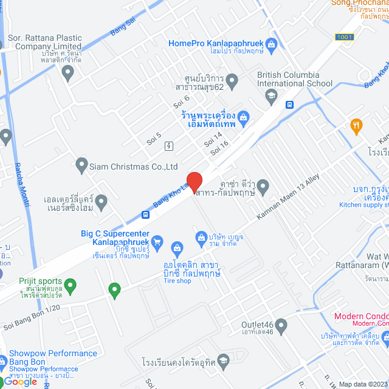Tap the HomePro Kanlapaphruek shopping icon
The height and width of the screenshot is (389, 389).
coord(272,44)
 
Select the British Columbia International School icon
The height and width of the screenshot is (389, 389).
coord(271,95)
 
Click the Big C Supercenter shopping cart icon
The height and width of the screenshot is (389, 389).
coord(157,242)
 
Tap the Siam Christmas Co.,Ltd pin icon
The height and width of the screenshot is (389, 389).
coord(81,164)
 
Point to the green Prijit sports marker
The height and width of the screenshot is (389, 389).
coord(70,284)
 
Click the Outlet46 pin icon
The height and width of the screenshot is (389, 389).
coord(280,327)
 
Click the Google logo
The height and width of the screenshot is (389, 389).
coord(21,381)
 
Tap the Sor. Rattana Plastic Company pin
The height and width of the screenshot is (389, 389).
coord(67,73)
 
